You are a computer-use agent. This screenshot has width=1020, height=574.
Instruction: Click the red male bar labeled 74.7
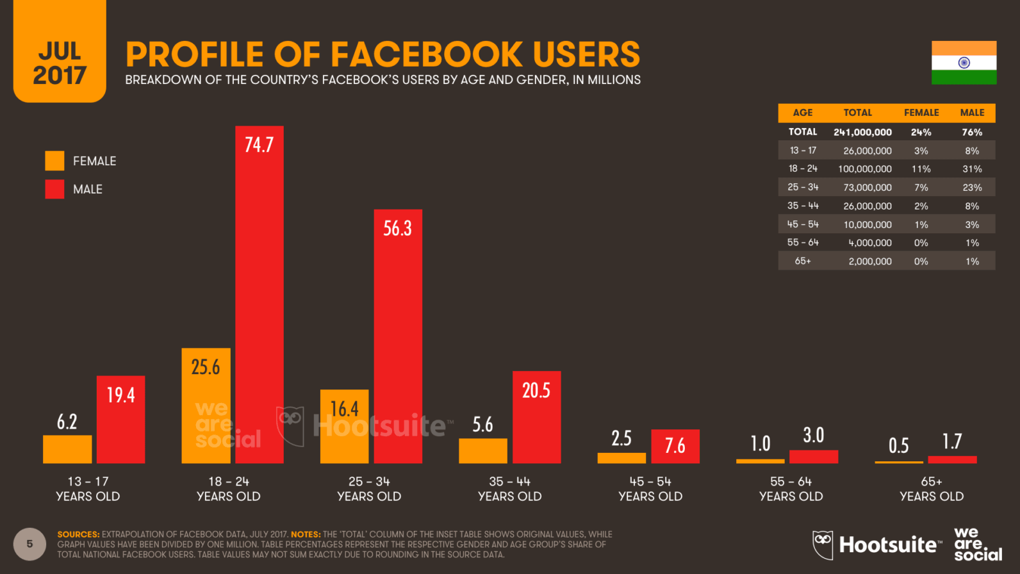pos(259,295)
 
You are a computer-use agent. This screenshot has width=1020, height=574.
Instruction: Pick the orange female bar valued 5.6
pos(482,451)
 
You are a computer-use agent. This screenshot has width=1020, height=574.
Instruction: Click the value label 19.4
pos(120,395)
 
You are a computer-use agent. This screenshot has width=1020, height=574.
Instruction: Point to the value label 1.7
pos(952,441)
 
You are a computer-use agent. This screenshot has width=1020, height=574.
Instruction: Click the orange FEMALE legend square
pos(54,161)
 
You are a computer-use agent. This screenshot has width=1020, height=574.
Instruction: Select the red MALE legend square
pos(54,189)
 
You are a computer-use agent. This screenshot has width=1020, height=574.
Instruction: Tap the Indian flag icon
pos(964,63)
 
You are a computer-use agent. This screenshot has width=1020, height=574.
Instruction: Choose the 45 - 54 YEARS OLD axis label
pos(650,489)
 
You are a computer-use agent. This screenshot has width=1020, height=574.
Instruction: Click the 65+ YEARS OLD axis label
pos(931,489)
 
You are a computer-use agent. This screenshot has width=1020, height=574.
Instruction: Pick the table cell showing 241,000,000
pos(862,132)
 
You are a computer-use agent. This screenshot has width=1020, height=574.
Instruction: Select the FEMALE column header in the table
pos(921,113)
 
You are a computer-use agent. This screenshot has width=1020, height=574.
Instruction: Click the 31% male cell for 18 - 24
pos(972,169)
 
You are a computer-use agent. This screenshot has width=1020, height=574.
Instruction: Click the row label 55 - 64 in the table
pos(803,243)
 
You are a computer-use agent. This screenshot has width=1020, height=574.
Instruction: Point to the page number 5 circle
pos(29,544)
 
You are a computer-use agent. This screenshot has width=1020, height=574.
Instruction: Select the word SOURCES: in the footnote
pos(78,534)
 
